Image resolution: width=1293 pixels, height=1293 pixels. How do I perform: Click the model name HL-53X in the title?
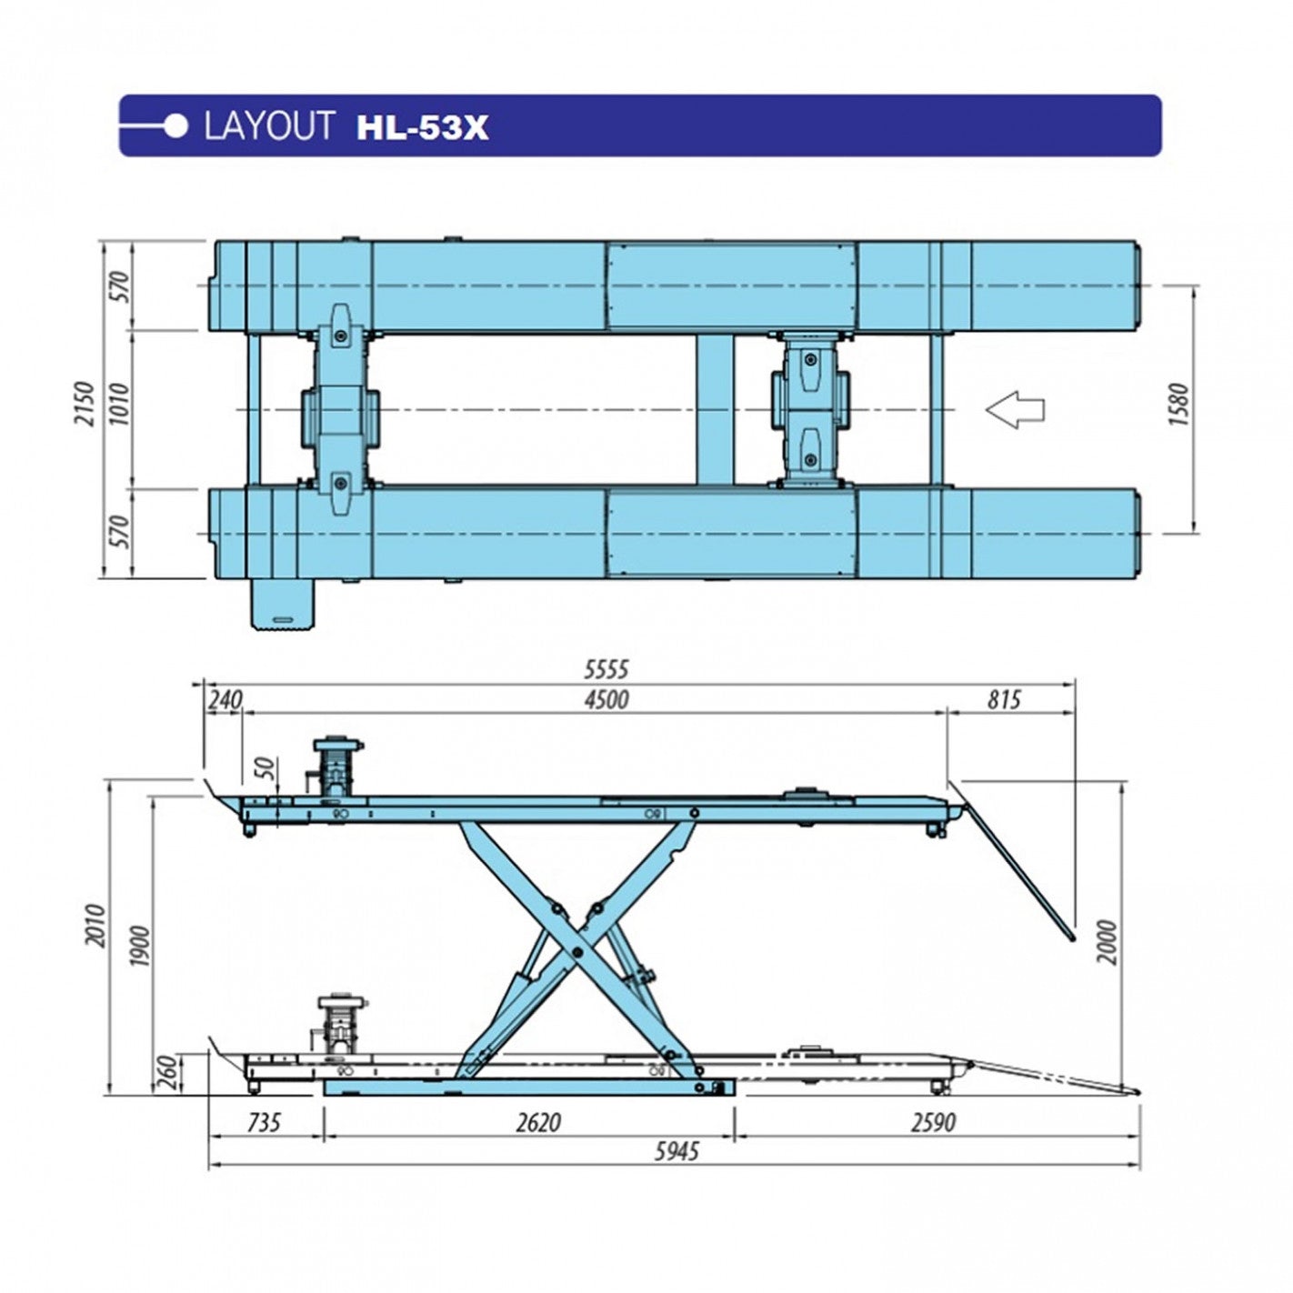point(422,127)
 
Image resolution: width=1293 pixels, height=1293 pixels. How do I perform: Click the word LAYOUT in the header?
point(268,126)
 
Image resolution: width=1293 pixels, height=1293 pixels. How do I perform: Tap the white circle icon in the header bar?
point(177,126)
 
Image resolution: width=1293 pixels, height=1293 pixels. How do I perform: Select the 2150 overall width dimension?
point(85,404)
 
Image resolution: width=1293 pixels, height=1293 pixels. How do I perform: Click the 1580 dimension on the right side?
point(1178,406)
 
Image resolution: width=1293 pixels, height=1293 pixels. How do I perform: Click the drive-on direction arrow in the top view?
point(1015,409)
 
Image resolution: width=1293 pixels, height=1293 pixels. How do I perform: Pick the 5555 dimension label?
point(606,670)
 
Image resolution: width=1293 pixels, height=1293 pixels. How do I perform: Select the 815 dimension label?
point(1003,700)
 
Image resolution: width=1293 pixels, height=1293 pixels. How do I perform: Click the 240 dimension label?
point(225,700)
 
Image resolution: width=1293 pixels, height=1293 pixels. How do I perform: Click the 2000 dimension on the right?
point(1106,941)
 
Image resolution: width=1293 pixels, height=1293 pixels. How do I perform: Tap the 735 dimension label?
point(264,1122)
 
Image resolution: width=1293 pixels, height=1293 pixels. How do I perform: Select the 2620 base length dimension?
point(537,1122)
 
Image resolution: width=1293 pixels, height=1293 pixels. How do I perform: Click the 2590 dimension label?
point(933,1122)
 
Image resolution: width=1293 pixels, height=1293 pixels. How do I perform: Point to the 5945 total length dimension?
point(677,1152)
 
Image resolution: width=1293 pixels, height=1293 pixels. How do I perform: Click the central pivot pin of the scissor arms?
point(576,952)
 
